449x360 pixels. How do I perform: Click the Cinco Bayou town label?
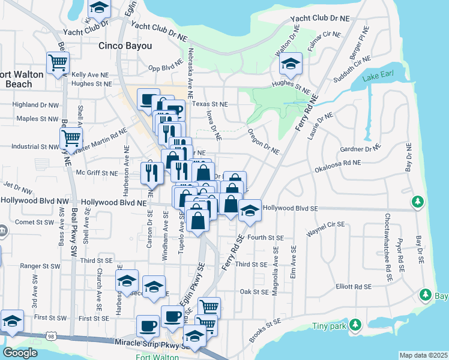pyautogui.click(x=125, y=46)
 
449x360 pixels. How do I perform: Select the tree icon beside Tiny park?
pyautogui.click(x=355, y=325)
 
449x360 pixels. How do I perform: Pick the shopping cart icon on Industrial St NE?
pyautogui.click(x=71, y=138)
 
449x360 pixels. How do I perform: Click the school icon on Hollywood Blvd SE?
pyautogui.click(x=250, y=211)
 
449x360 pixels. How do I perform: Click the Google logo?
pyautogui.click(x=20, y=353)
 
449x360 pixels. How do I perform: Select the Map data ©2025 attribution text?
pyautogui.click(x=423, y=355)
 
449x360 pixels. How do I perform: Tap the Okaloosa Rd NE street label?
pyautogui.click(x=338, y=166)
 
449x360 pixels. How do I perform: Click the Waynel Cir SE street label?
pyautogui.click(x=325, y=227)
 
